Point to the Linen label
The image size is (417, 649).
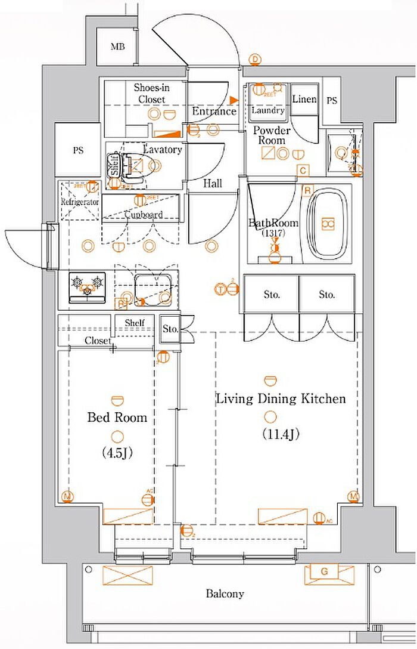[304, 99]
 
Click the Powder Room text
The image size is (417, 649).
[271, 135]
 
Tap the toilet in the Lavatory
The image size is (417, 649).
[132, 163]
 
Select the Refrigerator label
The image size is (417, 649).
[79, 202]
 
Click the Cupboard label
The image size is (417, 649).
[143, 215]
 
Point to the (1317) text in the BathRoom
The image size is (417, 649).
[274, 233]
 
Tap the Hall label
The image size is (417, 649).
[213, 184]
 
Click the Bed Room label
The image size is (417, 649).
[117, 417]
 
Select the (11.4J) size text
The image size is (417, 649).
[280, 434]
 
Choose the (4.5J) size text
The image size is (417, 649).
[117, 453]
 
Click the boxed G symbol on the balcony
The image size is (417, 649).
[324, 572]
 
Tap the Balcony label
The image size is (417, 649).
[225, 594]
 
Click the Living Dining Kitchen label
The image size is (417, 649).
[281, 398]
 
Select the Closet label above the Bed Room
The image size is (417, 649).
[97, 341]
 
